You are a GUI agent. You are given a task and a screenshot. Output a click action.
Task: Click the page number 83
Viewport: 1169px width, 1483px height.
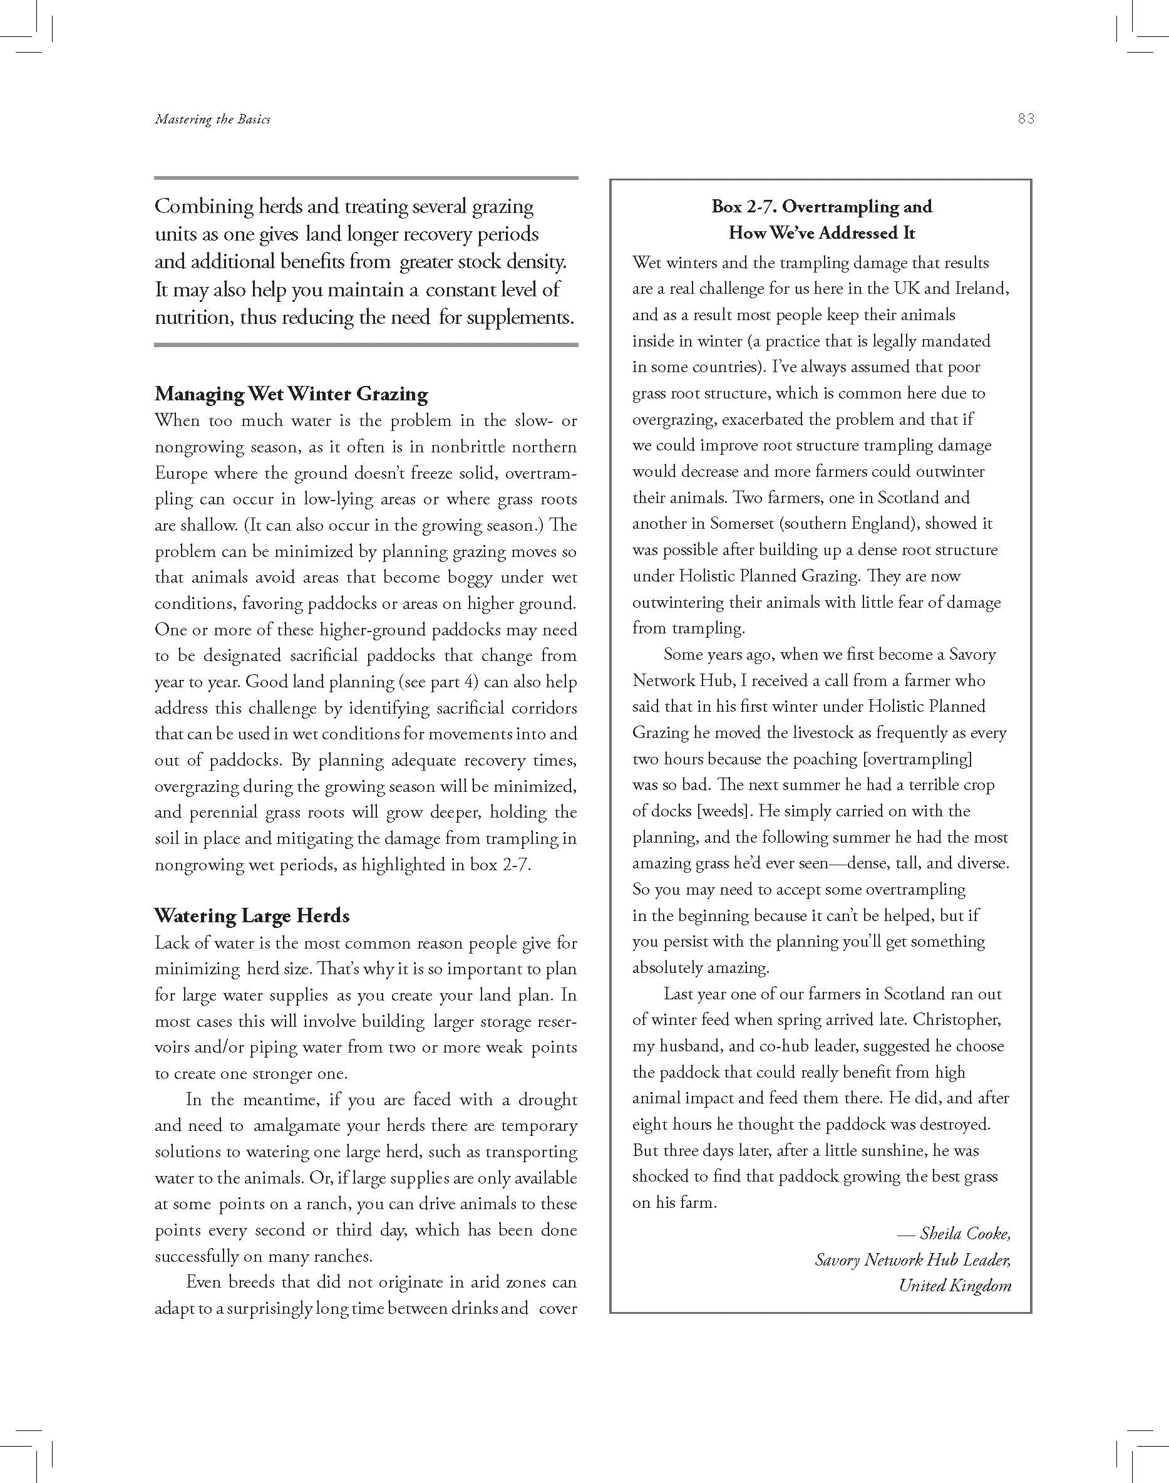click(x=1025, y=118)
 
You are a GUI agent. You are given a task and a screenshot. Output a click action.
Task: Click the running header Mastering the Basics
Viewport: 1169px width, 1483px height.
click(x=212, y=119)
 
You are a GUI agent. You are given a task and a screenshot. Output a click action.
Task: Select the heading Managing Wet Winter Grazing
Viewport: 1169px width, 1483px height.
click(x=291, y=393)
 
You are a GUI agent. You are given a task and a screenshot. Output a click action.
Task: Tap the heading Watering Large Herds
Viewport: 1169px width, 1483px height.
click(x=251, y=915)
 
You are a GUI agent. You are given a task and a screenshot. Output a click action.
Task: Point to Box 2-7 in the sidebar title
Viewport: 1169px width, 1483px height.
click(x=742, y=207)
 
